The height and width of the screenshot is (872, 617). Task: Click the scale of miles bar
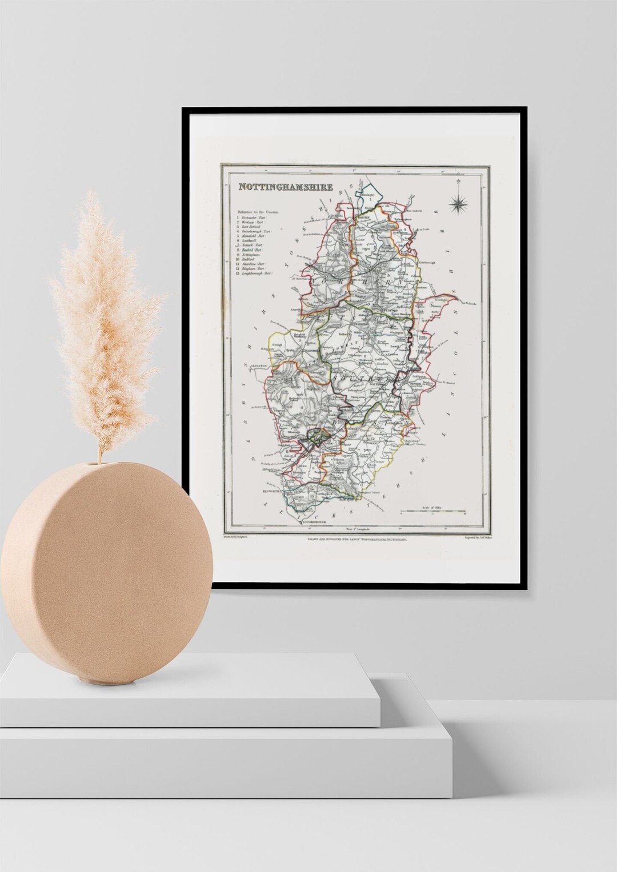[434, 509]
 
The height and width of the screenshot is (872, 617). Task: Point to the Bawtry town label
[364, 218]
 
